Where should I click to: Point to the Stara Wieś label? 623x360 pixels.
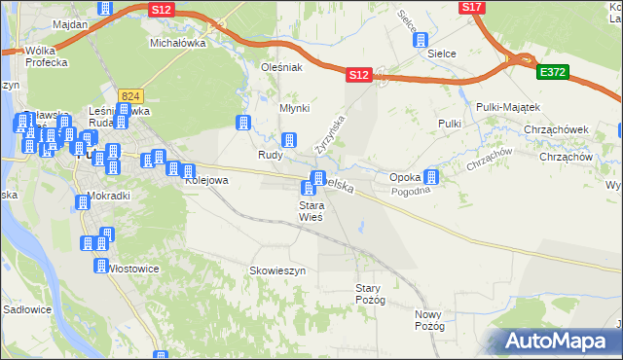(311, 211)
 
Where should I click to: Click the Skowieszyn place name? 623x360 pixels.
(278, 270)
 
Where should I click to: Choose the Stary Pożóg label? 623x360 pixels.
(371, 294)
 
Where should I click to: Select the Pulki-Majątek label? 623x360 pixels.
(508, 106)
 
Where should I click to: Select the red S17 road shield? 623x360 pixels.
(472, 7)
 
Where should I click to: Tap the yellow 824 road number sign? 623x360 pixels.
(131, 95)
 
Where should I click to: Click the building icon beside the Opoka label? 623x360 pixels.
(431, 177)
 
